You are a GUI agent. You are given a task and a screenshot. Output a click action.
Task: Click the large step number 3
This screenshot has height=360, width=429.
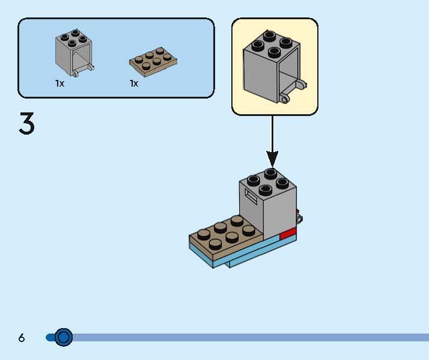tap(27, 124)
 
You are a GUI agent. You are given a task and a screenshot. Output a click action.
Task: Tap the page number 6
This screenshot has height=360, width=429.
tap(22, 338)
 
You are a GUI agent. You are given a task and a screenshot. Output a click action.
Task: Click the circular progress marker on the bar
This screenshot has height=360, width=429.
tap(63, 337)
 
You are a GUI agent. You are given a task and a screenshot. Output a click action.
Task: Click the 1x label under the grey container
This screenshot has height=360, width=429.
tap(59, 84)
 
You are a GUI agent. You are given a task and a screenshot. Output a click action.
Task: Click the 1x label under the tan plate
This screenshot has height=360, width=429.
tap(134, 84)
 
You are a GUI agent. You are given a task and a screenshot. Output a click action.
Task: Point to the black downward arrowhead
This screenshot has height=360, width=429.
tap(272, 159)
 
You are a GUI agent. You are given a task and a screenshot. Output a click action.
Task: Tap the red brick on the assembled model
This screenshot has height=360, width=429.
tap(289, 234)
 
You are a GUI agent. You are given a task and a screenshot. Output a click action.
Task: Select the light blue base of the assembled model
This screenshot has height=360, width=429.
tap(240, 256)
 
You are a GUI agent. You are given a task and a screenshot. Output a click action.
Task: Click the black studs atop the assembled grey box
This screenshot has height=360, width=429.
tap(268, 178)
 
